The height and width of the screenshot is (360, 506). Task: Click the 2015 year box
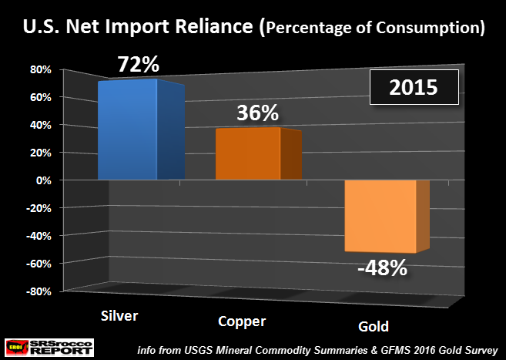(x=414, y=87)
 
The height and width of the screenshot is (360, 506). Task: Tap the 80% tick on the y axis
(x=40, y=69)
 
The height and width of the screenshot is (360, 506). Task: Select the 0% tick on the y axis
(x=43, y=180)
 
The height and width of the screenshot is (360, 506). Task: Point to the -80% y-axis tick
(x=39, y=291)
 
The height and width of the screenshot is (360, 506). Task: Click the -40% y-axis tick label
(x=39, y=236)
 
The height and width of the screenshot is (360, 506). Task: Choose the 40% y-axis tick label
(x=40, y=125)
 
